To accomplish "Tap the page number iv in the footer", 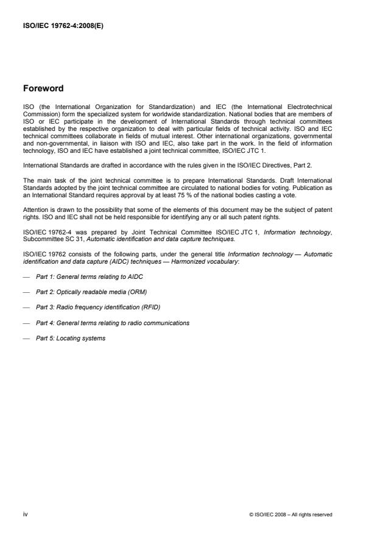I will coord(26,515).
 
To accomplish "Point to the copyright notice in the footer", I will coord(291,515).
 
